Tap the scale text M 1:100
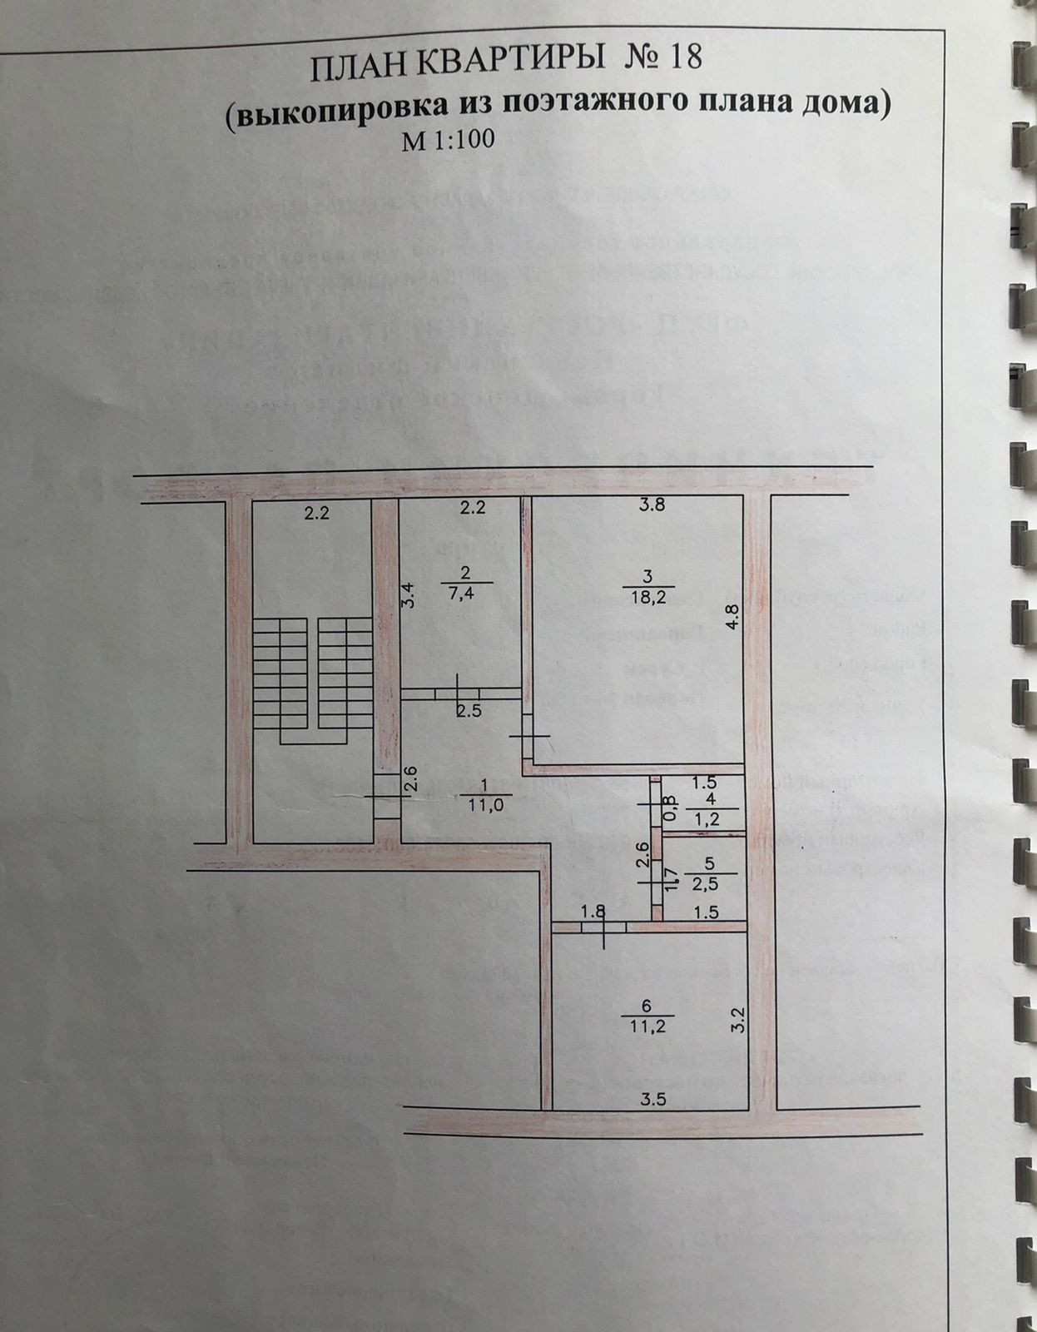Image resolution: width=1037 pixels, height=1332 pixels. click(449, 140)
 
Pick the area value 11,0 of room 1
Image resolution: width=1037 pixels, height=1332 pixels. click(485, 805)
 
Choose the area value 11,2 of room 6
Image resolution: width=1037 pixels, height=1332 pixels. click(648, 1026)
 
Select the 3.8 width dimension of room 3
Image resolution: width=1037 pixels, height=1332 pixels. click(652, 504)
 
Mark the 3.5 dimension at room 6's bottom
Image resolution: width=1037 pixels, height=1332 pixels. click(654, 1099)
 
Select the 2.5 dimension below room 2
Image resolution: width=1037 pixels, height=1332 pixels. click(469, 710)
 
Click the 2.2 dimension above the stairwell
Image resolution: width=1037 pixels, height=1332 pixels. click(316, 513)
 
